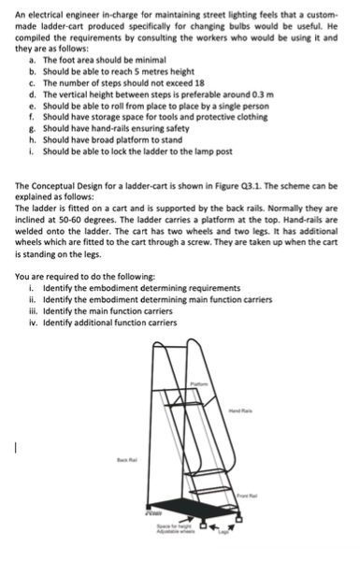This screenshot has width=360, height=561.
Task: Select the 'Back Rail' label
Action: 127,460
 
